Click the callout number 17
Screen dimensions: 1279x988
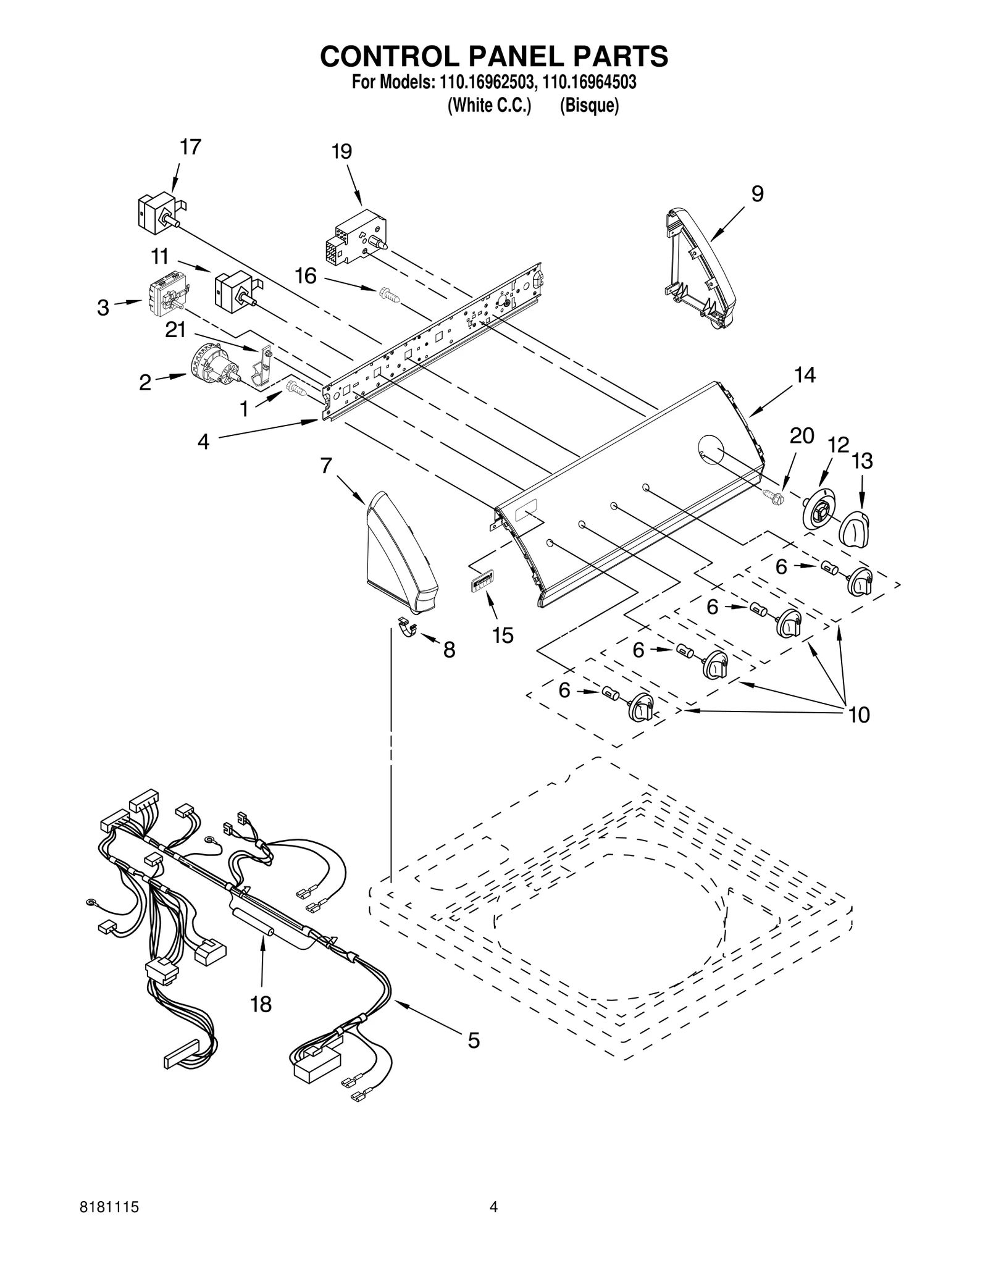[x=190, y=148]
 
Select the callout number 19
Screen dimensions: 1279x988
[x=341, y=152]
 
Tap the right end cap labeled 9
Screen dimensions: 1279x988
[x=700, y=265]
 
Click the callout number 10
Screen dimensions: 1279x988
[x=859, y=715]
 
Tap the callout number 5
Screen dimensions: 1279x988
[x=473, y=1041]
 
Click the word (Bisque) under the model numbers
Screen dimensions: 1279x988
[x=588, y=106]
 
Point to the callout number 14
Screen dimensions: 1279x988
[x=805, y=375]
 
